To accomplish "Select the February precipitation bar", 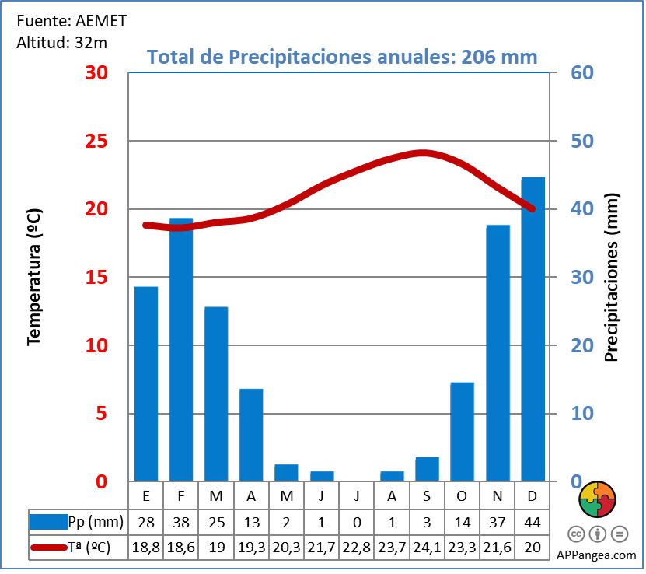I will coord(181,349).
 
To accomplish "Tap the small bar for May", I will coord(286,473).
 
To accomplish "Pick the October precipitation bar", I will coord(462,432).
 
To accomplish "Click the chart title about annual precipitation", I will coord(342,57).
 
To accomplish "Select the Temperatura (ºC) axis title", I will coord(33,276).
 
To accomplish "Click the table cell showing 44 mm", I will coord(533,521).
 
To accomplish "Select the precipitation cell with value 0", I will coord(357,521).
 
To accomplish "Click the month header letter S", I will coord(427,496).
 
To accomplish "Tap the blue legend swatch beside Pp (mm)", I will coord(48,521).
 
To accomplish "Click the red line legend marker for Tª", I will coord(48,548).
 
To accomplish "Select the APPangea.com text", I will coord(597,555).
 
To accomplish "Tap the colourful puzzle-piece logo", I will coord(597,499).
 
